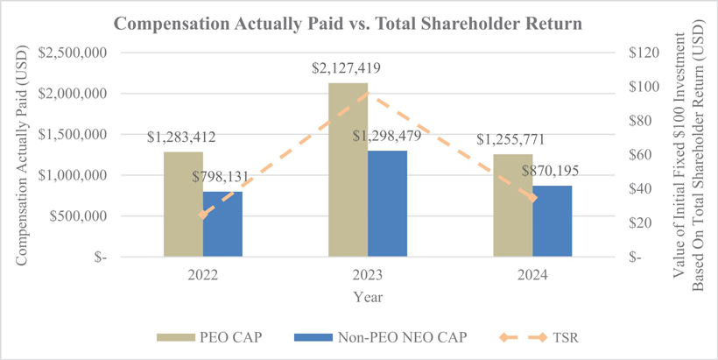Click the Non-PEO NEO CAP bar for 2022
[x=223, y=224]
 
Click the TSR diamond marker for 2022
[x=204, y=215]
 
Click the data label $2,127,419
[x=348, y=67]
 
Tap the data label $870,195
[x=554, y=173]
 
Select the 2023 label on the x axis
[x=369, y=276]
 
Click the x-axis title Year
[x=369, y=297]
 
